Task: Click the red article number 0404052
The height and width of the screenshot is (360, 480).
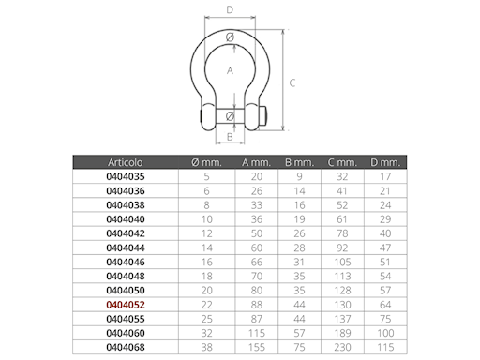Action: point(126,305)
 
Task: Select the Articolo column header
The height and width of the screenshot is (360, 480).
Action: point(126,162)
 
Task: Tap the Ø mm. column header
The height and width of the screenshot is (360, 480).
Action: point(206,162)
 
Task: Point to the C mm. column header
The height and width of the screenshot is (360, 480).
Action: point(342,162)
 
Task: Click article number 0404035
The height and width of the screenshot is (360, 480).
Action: point(126,176)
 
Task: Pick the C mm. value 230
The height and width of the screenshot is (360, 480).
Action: point(342,347)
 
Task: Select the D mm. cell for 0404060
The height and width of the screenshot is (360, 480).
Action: point(385,333)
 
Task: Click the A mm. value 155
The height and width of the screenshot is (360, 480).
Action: point(257,347)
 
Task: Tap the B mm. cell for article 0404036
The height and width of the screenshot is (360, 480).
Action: point(299,191)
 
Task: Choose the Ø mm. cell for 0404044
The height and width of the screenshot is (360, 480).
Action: point(206,247)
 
